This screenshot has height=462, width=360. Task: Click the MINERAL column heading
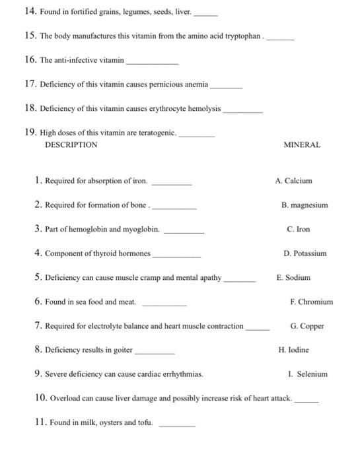click(x=302, y=145)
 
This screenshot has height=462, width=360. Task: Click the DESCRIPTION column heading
click(x=71, y=145)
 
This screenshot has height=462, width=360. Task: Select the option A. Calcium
click(x=293, y=180)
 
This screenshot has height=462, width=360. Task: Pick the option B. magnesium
click(x=304, y=205)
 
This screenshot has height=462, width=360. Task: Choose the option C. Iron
click(x=299, y=229)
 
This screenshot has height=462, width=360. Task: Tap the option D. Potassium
click(x=305, y=253)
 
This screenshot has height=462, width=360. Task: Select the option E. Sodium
click(x=293, y=277)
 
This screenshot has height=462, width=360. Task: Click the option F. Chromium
click(x=312, y=302)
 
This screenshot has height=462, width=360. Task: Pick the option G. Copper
click(x=307, y=325)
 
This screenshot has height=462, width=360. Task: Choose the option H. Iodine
click(x=294, y=350)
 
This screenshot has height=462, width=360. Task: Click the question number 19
click(x=30, y=132)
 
